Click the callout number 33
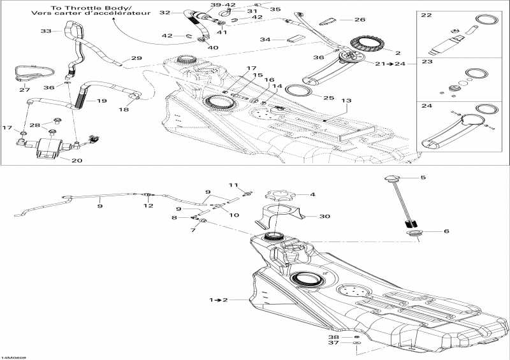[x=45, y=31]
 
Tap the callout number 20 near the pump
[x=76, y=161]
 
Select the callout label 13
[x=346, y=101]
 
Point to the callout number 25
[x=328, y=97]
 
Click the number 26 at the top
[x=360, y=20]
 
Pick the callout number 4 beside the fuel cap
[x=312, y=194]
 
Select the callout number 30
[x=324, y=217]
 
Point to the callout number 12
[x=148, y=205]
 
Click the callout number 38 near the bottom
[x=332, y=336]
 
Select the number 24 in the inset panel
[x=426, y=108]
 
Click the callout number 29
[x=137, y=59]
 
